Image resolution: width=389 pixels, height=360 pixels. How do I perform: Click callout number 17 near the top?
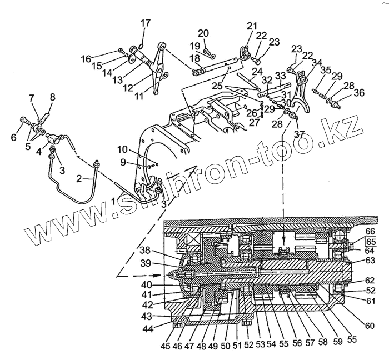145,23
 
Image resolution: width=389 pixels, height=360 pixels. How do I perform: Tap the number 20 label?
203,33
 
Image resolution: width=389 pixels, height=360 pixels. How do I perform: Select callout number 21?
252,26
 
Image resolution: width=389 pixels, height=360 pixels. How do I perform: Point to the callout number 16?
86,58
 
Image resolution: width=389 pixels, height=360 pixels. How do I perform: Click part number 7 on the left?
32,98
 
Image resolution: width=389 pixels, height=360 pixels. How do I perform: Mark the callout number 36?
360,93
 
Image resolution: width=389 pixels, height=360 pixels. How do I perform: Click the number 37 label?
300,134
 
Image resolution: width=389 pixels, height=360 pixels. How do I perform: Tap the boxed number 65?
370,242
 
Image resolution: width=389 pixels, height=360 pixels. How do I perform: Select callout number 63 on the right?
370,261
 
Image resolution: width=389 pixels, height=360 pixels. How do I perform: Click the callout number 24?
256,71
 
